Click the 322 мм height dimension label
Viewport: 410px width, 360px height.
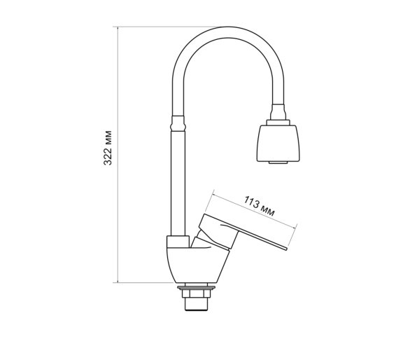(x=108, y=148)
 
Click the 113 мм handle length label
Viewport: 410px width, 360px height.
(x=259, y=206)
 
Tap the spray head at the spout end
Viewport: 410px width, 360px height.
(x=278, y=143)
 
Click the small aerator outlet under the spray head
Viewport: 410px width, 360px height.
(x=278, y=162)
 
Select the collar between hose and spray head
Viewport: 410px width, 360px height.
(x=278, y=123)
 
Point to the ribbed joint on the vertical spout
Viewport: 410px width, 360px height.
(x=178, y=123)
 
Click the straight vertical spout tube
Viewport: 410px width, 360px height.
(x=178, y=184)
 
